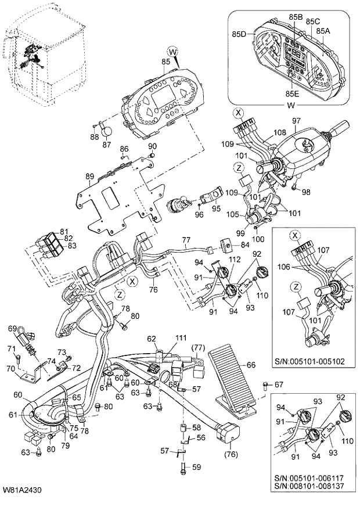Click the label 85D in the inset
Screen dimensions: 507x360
click(x=240, y=35)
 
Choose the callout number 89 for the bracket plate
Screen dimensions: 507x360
click(x=89, y=175)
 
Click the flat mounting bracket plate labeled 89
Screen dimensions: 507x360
click(x=116, y=197)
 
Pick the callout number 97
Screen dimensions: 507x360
click(x=296, y=120)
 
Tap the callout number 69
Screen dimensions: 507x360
click(x=11, y=329)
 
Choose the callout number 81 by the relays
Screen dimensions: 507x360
click(x=63, y=231)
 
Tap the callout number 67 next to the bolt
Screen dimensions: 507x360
click(x=279, y=384)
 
